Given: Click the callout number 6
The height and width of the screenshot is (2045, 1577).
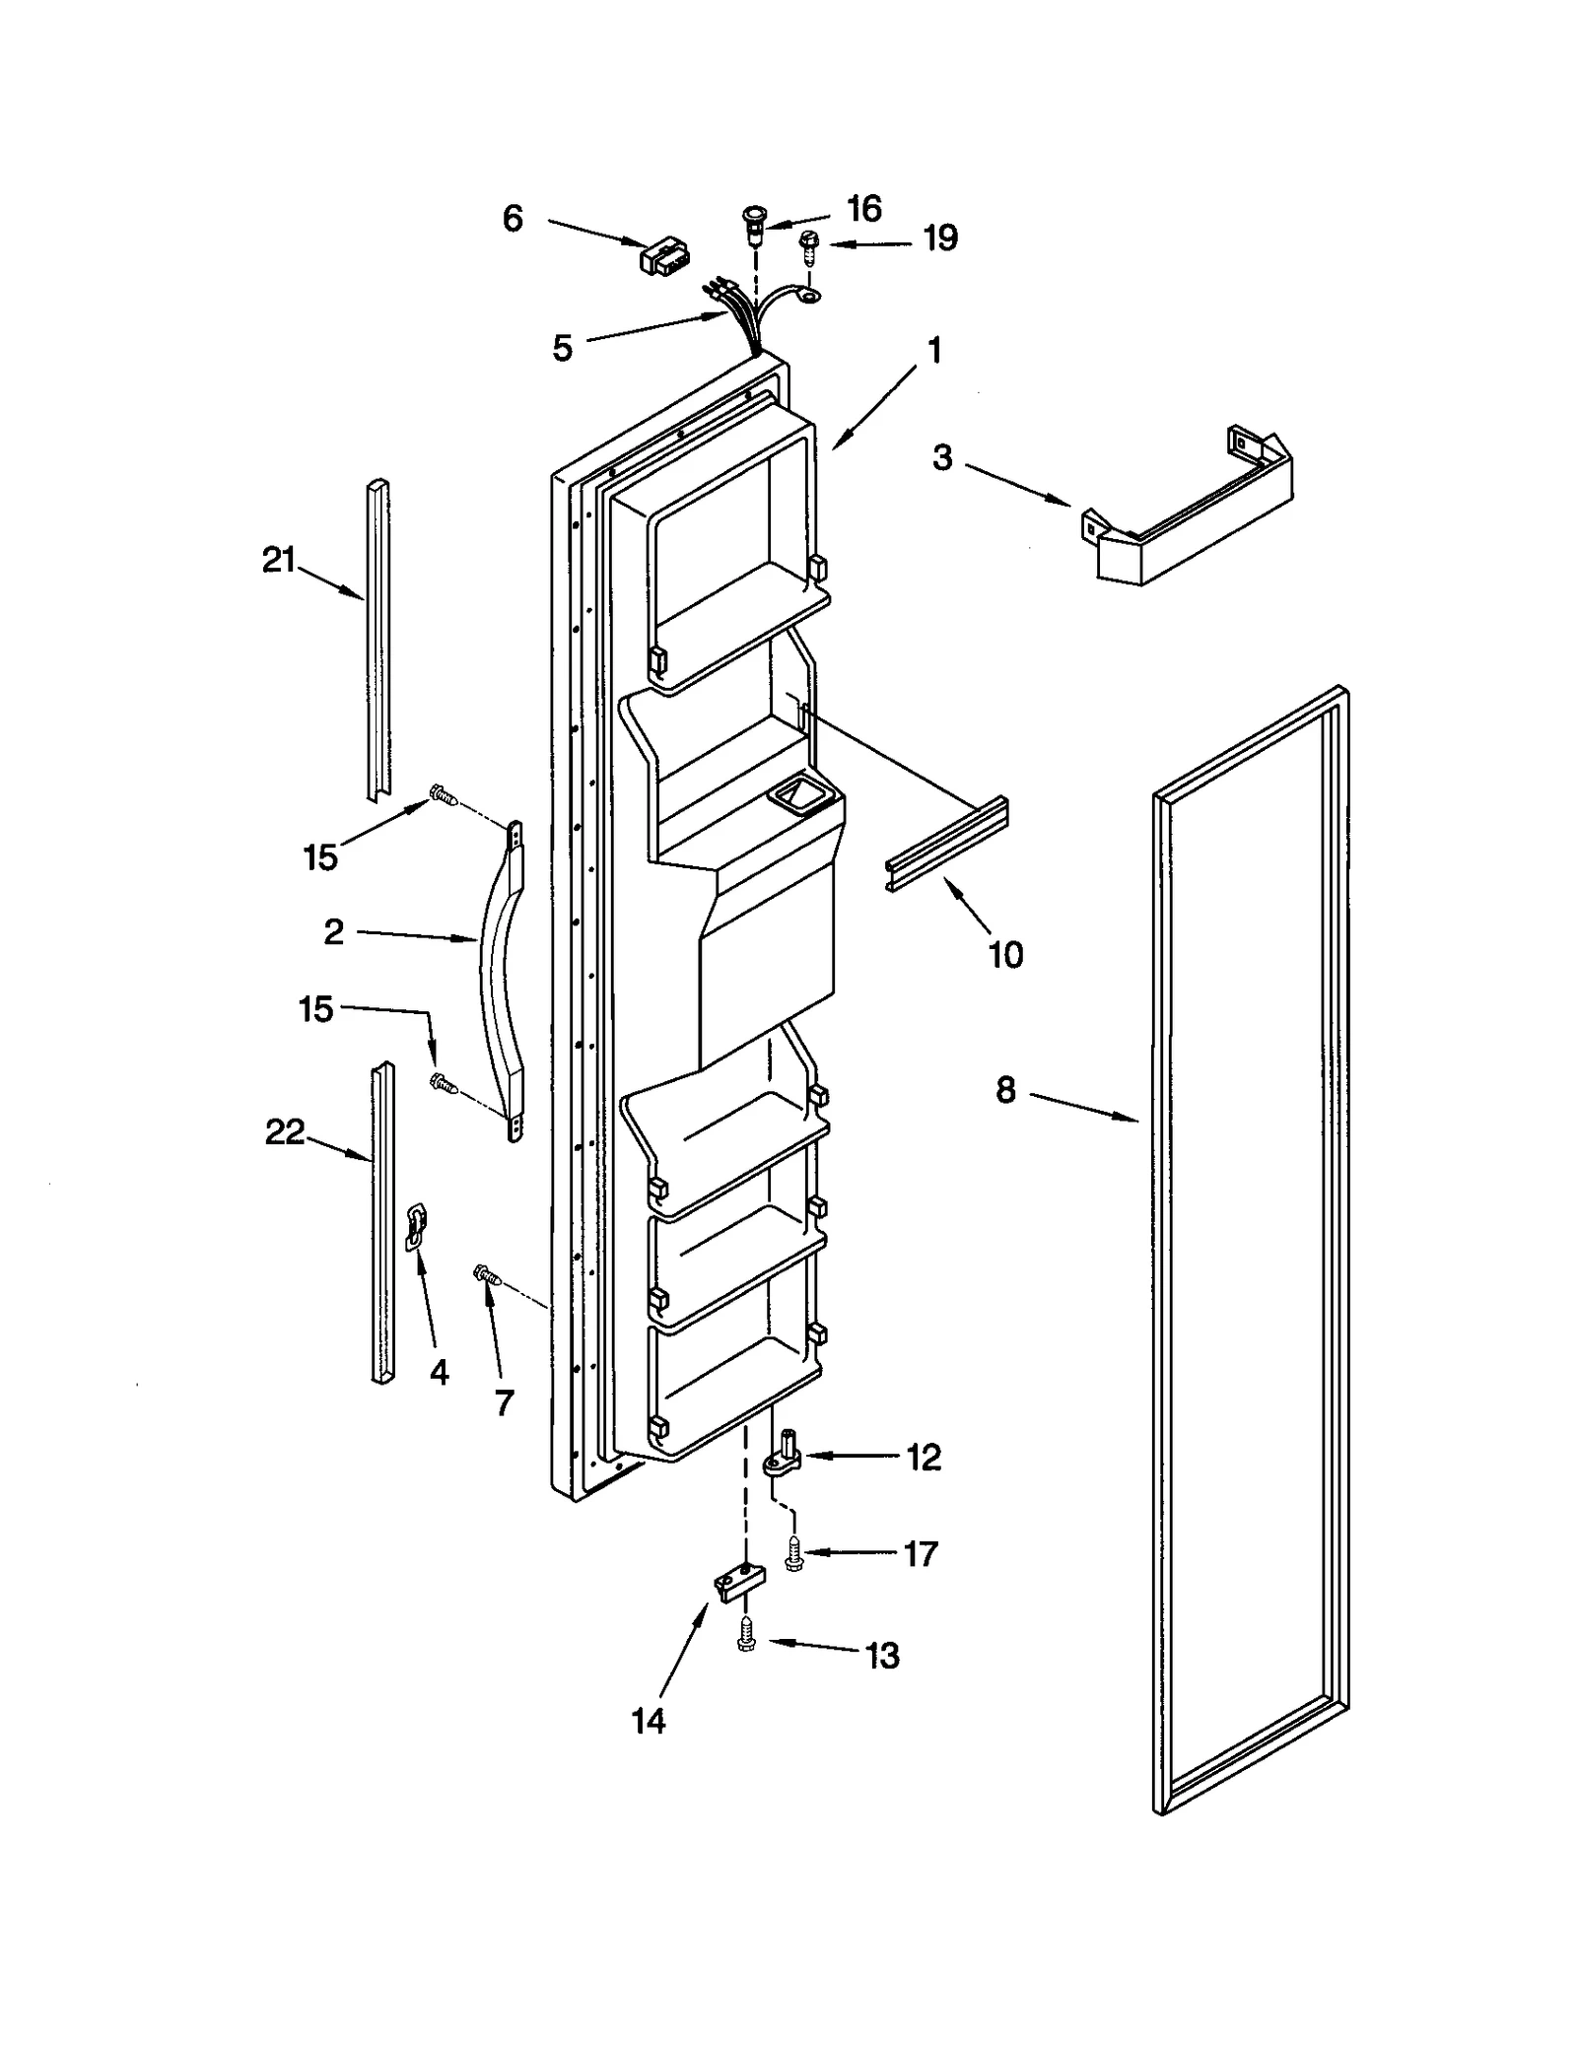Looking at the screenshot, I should pyautogui.click(x=512, y=219).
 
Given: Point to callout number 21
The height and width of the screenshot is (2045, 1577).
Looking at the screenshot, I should pyautogui.click(x=278, y=560).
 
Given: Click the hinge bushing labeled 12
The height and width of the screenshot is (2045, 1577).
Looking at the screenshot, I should pyautogui.click(x=785, y=1460).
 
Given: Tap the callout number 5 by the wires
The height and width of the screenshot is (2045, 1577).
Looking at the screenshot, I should pyautogui.click(x=562, y=348).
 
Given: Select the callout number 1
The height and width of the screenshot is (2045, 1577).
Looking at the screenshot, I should pyautogui.click(x=934, y=350).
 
